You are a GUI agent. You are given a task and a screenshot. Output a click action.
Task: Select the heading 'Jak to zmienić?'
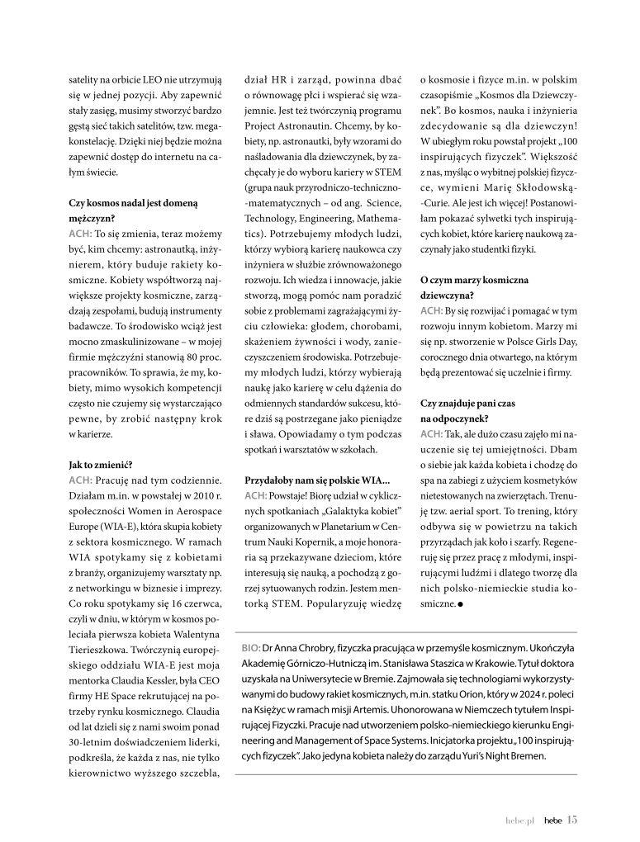[x=101, y=465]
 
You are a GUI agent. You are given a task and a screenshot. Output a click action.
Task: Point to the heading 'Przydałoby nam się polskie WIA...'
[x=317, y=480]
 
